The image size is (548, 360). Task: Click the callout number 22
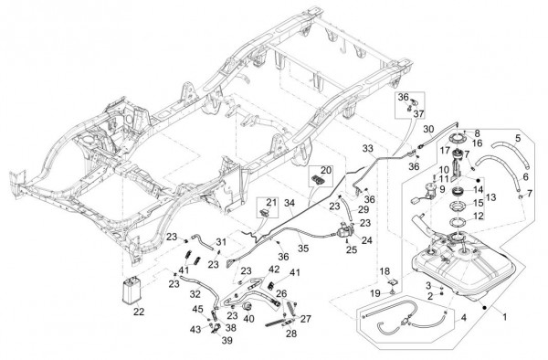click(x=139, y=312)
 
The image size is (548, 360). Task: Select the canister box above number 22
click(x=132, y=290)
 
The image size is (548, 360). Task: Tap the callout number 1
click(x=504, y=317)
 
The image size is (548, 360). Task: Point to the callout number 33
click(x=368, y=149)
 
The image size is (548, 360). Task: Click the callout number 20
click(x=325, y=170)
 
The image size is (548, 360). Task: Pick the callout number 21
click(x=271, y=202)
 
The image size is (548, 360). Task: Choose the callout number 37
click(x=418, y=114)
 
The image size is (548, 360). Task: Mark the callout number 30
click(x=428, y=129)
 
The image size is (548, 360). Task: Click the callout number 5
click(x=518, y=138)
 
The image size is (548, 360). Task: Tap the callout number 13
click(x=490, y=198)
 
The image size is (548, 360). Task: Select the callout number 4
click(x=463, y=318)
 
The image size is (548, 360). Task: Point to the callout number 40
click(x=248, y=319)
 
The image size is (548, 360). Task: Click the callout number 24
click(x=366, y=240)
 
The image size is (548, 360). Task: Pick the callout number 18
click(x=385, y=271)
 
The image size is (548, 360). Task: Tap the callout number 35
click(x=303, y=249)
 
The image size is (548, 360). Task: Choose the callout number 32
click(x=195, y=294)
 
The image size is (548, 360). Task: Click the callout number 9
click(x=442, y=189)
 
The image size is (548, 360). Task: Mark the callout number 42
click(x=274, y=270)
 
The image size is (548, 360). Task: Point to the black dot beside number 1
click(x=485, y=307)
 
